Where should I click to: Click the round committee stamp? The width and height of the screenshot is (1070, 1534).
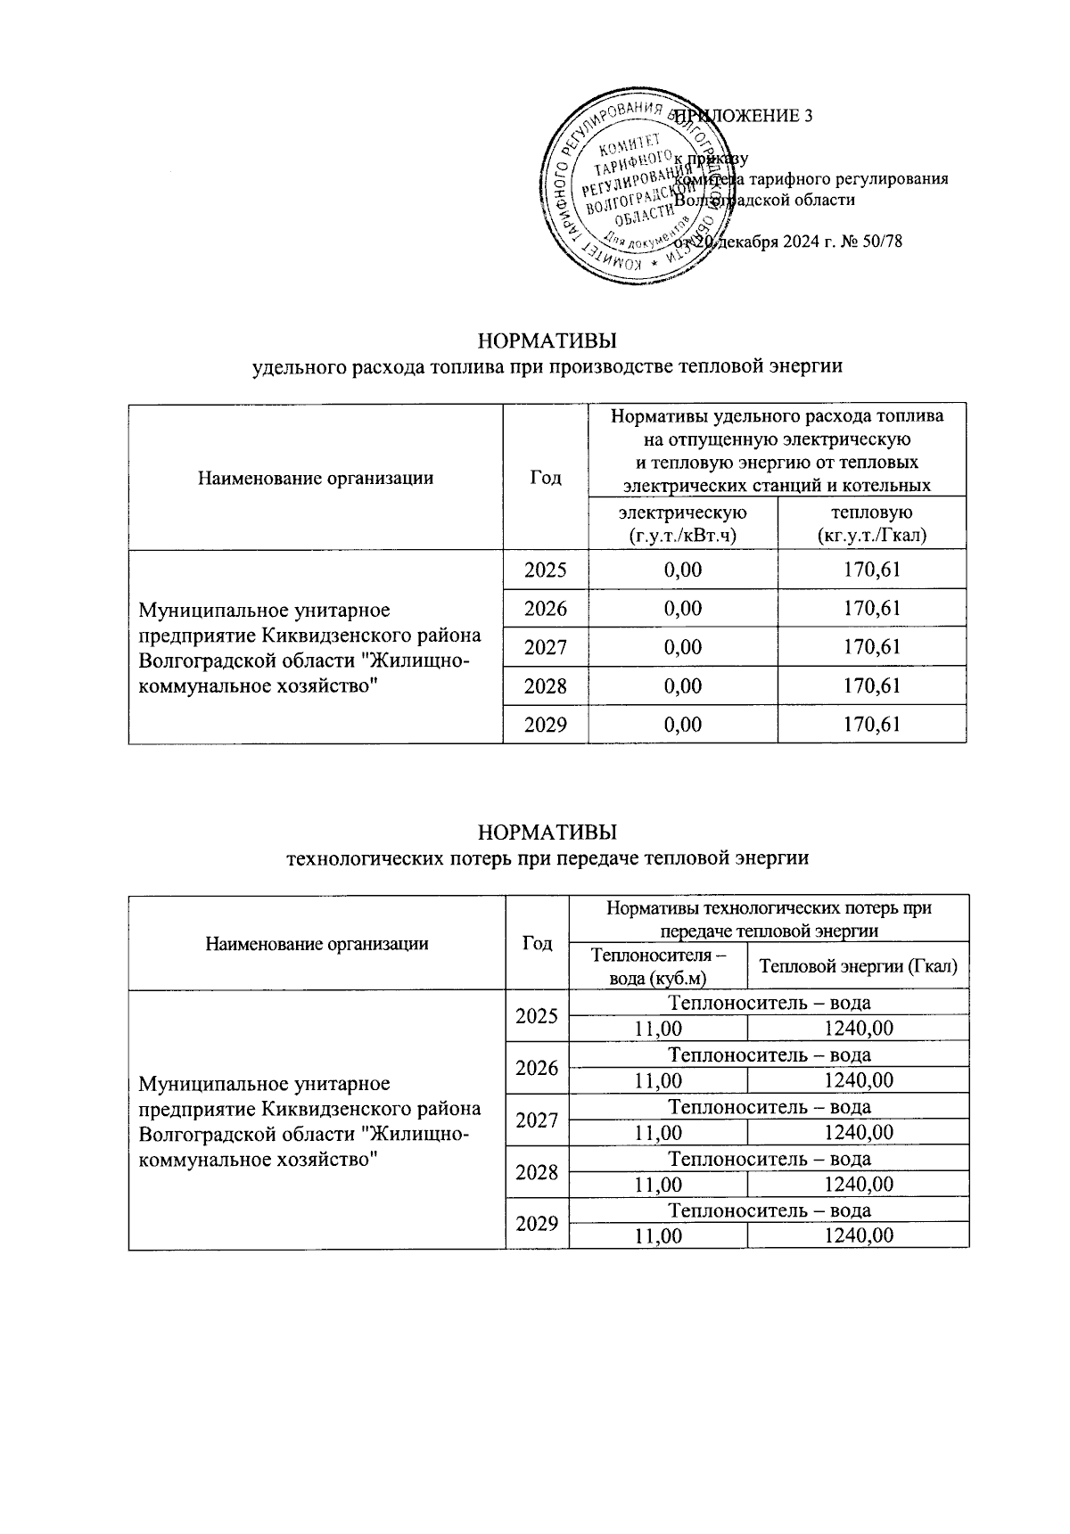[634, 189]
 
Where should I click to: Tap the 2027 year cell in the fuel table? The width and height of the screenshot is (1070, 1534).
[545, 647]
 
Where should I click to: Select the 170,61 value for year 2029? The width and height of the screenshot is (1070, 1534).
[871, 725]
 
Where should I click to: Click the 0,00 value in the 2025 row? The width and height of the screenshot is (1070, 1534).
[683, 570]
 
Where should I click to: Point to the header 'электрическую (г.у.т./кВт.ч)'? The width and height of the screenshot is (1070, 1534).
[683, 523]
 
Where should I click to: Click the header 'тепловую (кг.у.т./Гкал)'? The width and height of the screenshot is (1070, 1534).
[871, 523]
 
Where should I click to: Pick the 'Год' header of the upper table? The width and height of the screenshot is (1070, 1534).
[546, 477]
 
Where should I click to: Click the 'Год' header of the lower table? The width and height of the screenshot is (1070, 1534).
[537, 943]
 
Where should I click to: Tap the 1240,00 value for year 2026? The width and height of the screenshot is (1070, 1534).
[858, 1080]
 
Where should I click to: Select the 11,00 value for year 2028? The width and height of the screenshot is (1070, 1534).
[658, 1184]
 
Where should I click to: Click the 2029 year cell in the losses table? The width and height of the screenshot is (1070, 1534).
[537, 1224]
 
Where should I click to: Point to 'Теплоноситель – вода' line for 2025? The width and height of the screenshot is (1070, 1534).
[769, 1003]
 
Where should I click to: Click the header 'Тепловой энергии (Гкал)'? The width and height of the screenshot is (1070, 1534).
[858, 966]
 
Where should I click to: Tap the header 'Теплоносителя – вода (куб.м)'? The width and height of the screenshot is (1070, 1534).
[658, 966]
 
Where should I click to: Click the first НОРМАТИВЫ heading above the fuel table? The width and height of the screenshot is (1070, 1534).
[547, 342]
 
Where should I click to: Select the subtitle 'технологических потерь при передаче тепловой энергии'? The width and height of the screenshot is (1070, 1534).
[547, 858]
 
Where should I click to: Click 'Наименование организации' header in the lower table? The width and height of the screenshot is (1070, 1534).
[317, 943]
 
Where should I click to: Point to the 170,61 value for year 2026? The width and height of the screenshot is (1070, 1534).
[871, 609]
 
